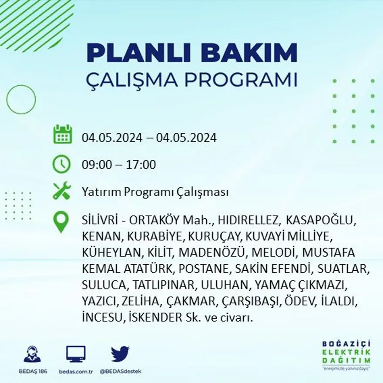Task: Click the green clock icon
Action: point(61,165)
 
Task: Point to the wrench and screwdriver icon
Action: point(61,191)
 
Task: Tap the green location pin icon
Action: point(61,222)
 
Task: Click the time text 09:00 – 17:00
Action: point(119,165)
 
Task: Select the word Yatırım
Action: point(101,192)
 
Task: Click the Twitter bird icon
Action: point(120,353)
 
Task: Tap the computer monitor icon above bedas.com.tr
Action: point(76,354)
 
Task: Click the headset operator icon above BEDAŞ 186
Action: point(32,354)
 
